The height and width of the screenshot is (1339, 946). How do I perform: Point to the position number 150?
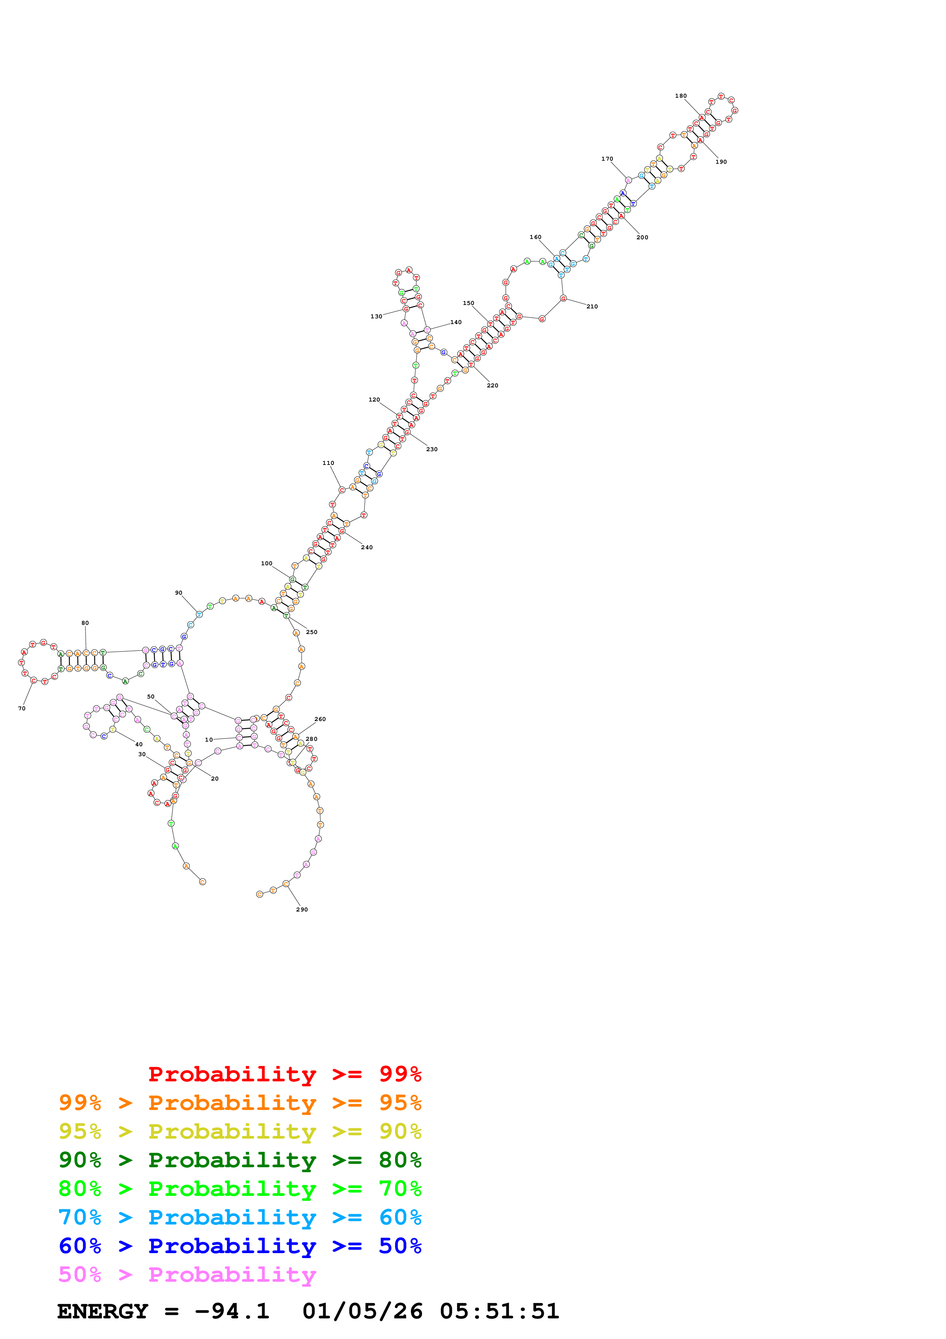[468, 303]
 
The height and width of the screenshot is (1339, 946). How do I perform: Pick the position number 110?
[328, 463]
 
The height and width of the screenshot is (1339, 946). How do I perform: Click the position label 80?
[85, 623]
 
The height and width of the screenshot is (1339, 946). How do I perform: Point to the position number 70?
[22, 708]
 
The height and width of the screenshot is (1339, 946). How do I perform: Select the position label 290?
[302, 909]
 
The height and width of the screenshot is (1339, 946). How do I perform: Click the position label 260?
[320, 719]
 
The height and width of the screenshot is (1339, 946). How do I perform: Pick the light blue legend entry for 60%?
[240, 1217]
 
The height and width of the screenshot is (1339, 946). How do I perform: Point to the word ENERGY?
[103, 1311]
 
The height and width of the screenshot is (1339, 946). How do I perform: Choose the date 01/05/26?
[362, 1311]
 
